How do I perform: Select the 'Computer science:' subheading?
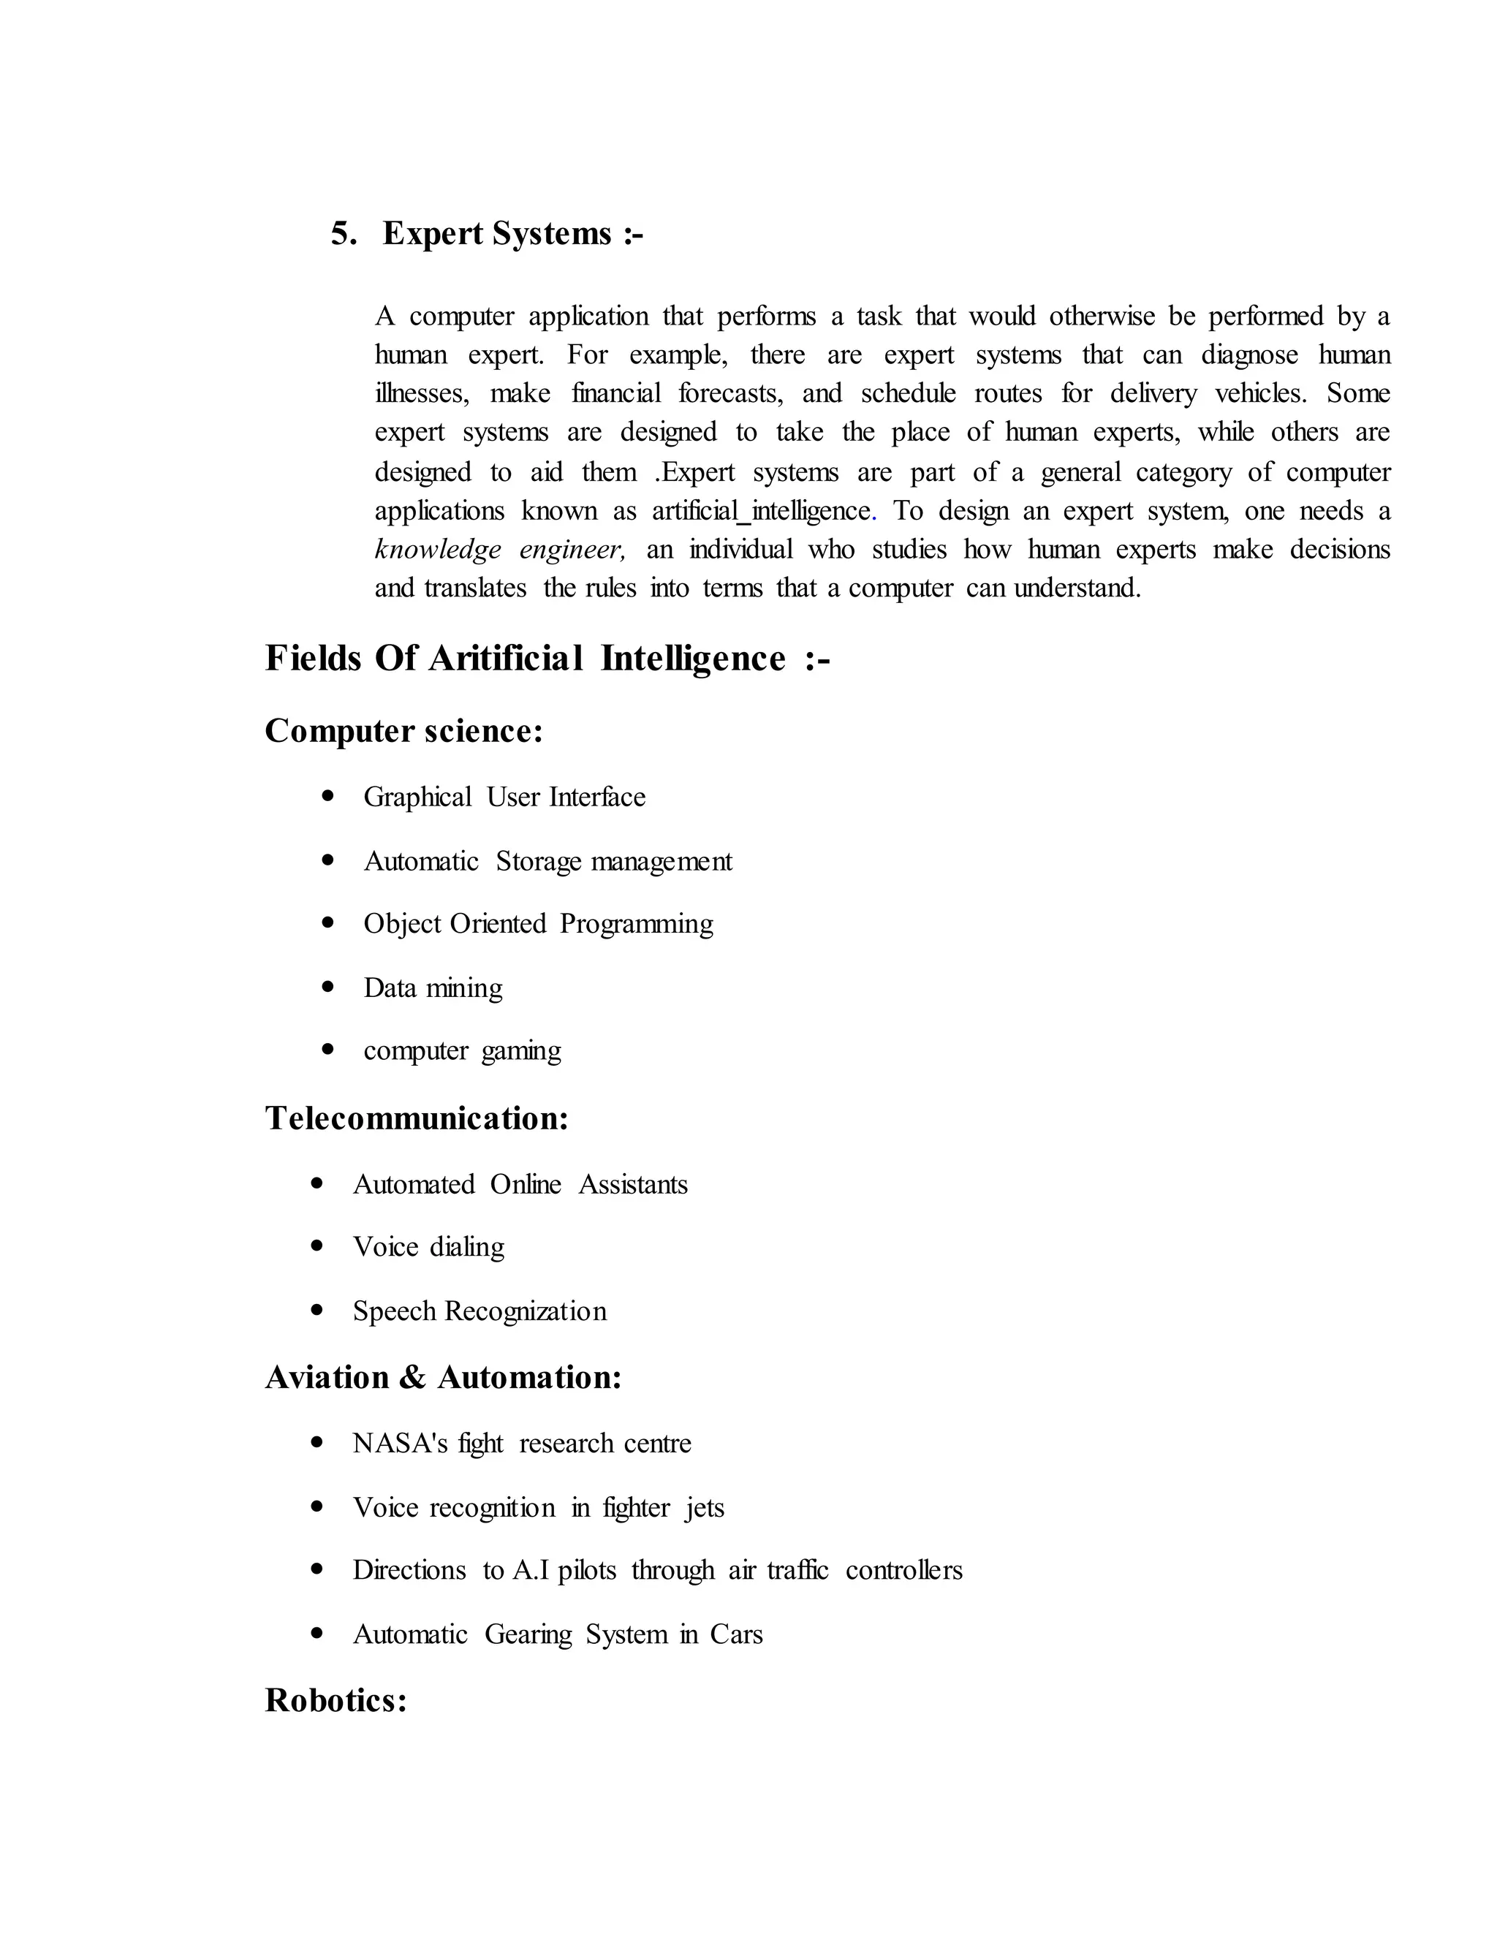tap(403, 732)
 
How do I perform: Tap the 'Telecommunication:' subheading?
tap(417, 1118)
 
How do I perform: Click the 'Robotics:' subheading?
tap(336, 1700)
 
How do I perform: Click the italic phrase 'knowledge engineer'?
tap(499, 550)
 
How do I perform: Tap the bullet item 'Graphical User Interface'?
tap(504, 797)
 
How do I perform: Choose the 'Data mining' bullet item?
tap(433, 988)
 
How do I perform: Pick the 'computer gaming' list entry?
tap(462, 1051)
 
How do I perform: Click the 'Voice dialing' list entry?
tap(428, 1247)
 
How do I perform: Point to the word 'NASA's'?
tap(400, 1443)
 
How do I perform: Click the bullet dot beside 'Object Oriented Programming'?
tap(328, 923)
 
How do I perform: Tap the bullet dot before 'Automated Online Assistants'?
tap(317, 1184)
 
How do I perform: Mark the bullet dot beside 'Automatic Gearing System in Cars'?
tap(317, 1633)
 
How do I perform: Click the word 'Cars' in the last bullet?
tap(736, 1634)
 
